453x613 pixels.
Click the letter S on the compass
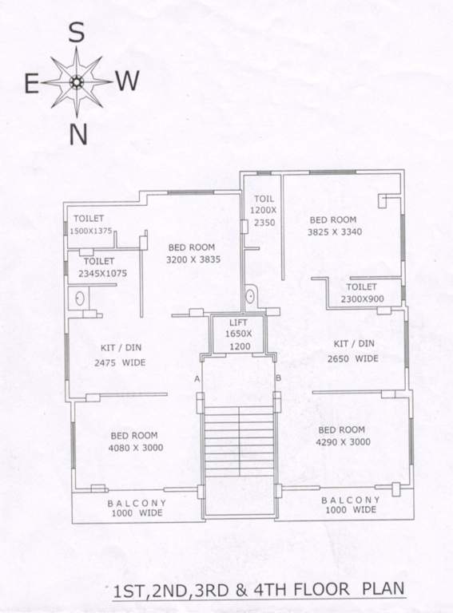[x=77, y=33]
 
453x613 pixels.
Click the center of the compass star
[x=77, y=81]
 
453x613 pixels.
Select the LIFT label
[x=237, y=322]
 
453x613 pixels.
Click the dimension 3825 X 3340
[x=336, y=233]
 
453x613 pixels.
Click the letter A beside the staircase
[x=197, y=379]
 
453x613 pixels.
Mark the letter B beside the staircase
[x=277, y=377]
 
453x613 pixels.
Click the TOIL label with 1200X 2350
[x=264, y=211]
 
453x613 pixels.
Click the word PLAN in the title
[x=383, y=591]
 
